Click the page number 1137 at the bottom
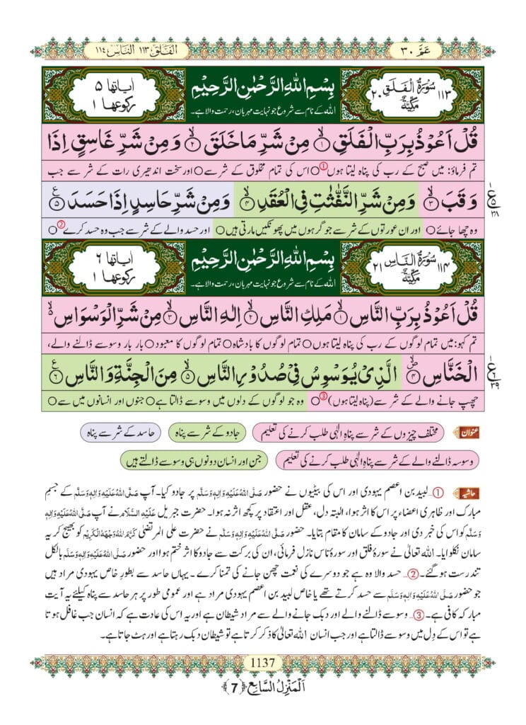coord(262,663)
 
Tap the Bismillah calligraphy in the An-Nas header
coord(263,260)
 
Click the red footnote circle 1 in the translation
coord(325,168)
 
